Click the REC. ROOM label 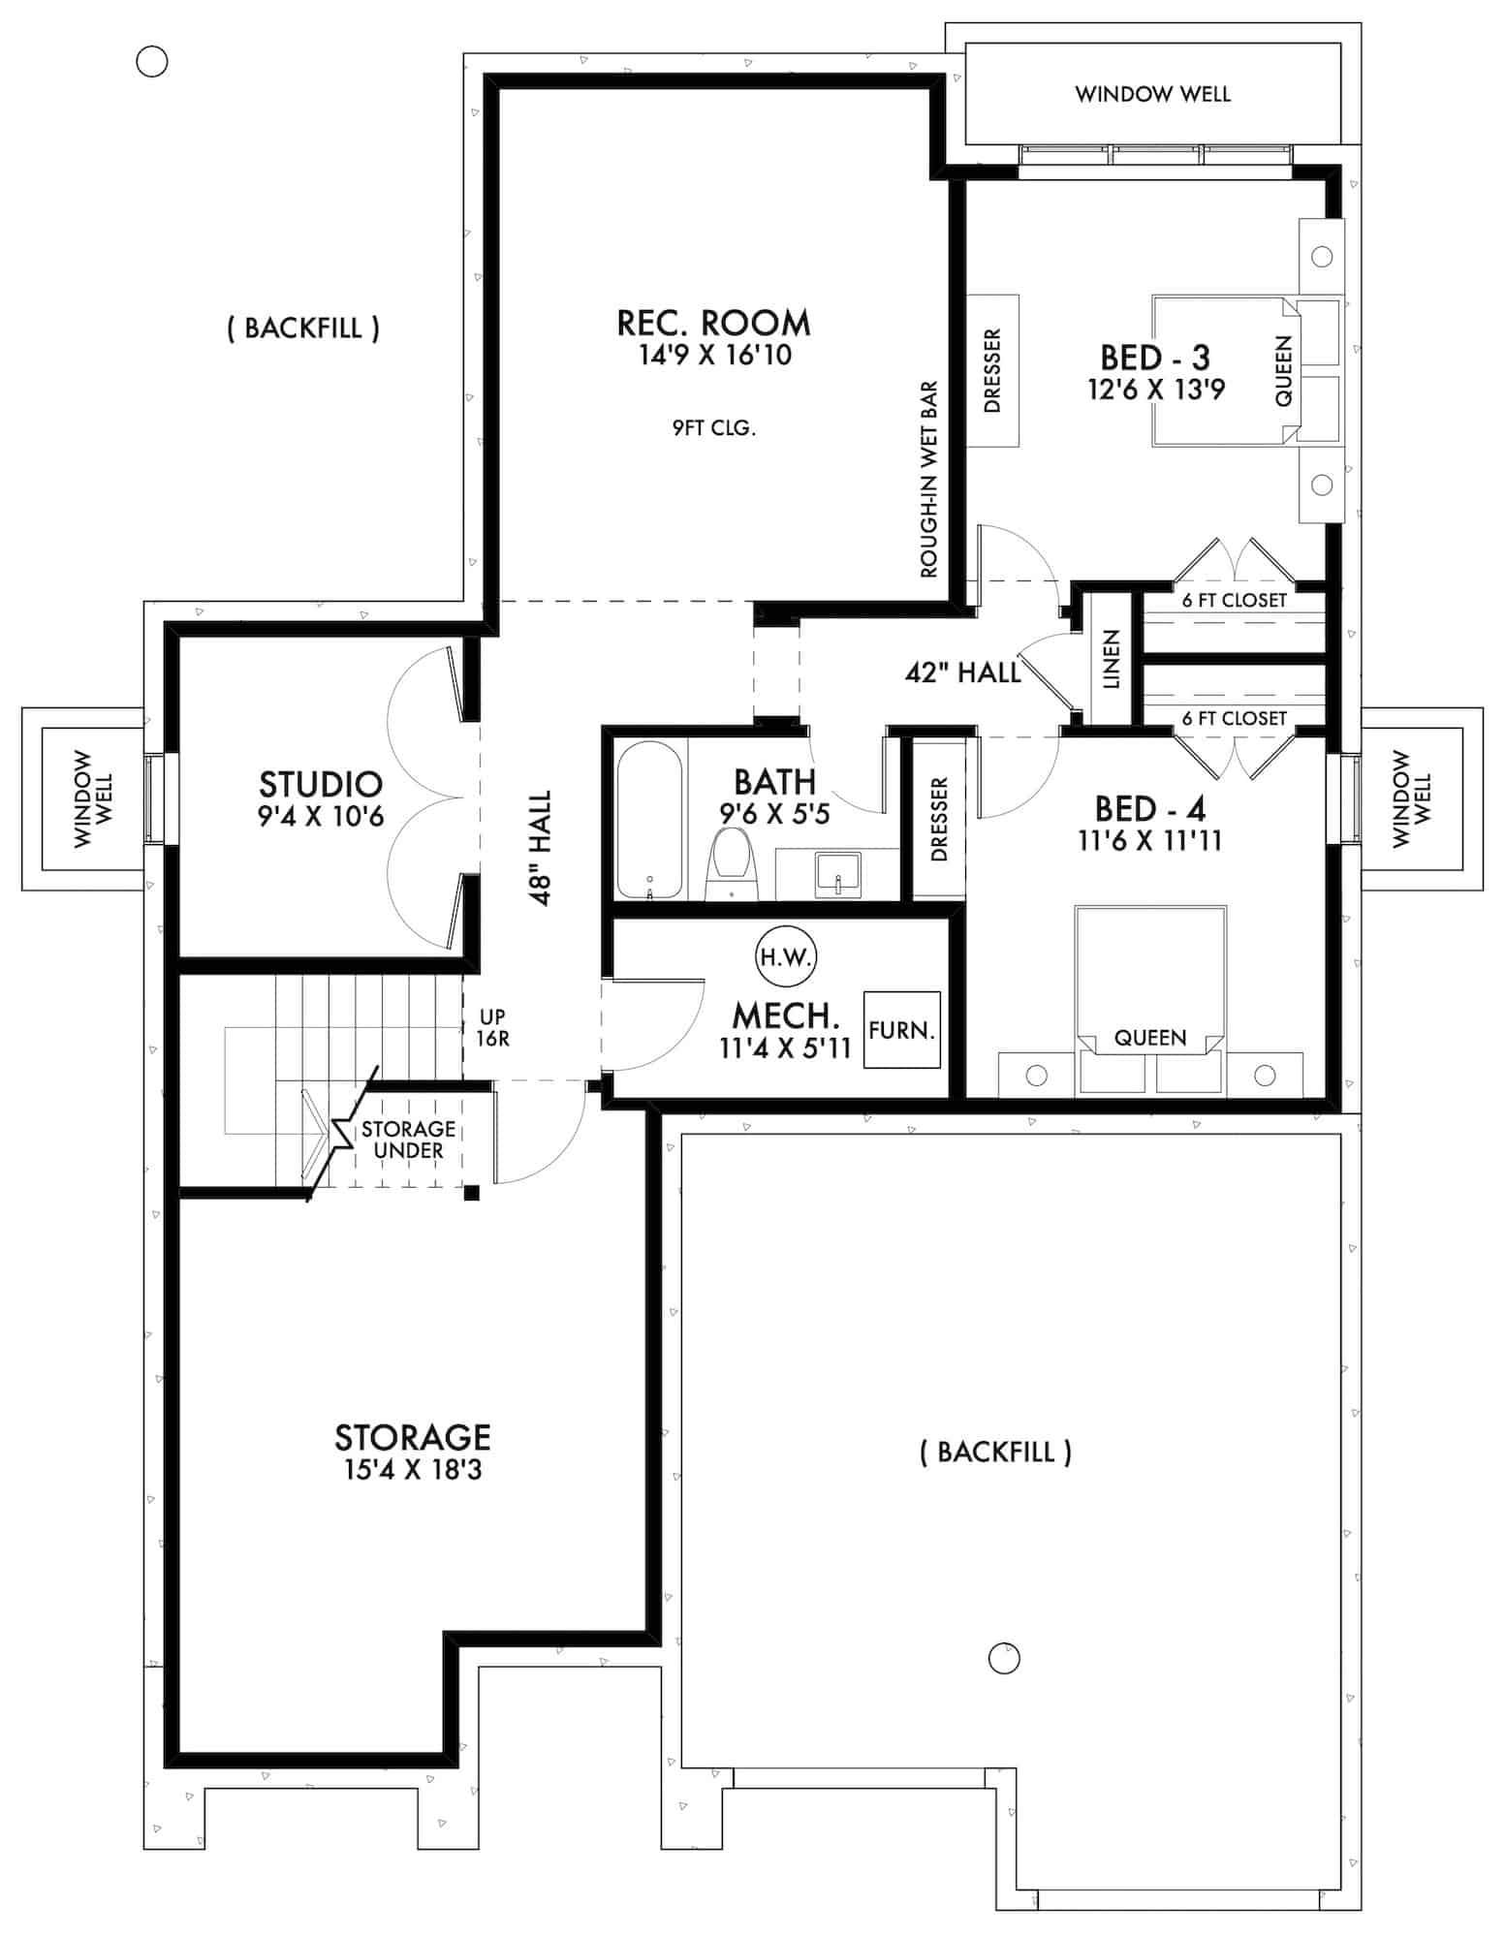click(x=713, y=323)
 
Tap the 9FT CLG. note click(x=713, y=427)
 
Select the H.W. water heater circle click(x=785, y=957)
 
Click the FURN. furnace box click(x=901, y=1030)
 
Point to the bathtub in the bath click(x=649, y=820)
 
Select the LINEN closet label click(x=1112, y=659)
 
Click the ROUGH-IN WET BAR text click(x=929, y=480)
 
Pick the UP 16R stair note click(x=492, y=1028)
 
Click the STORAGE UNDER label click(x=408, y=1140)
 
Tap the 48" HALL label click(x=541, y=848)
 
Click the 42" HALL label click(x=962, y=672)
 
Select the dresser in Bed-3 click(x=992, y=371)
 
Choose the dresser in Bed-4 click(x=938, y=820)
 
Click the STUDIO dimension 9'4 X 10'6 click(x=320, y=816)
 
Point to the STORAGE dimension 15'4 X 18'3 click(x=413, y=1470)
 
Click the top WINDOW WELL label click(x=1152, y=94)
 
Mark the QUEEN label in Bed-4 click(x=1149, y=1038)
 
